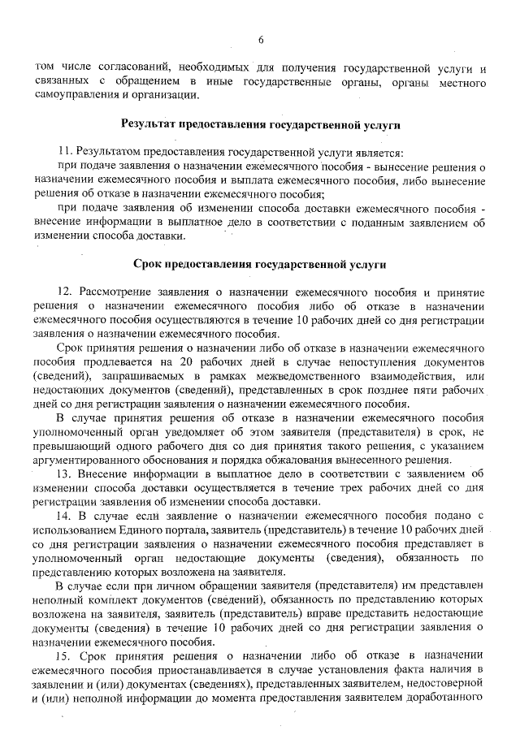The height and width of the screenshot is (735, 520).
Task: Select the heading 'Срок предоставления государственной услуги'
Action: [x=261, y=264]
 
